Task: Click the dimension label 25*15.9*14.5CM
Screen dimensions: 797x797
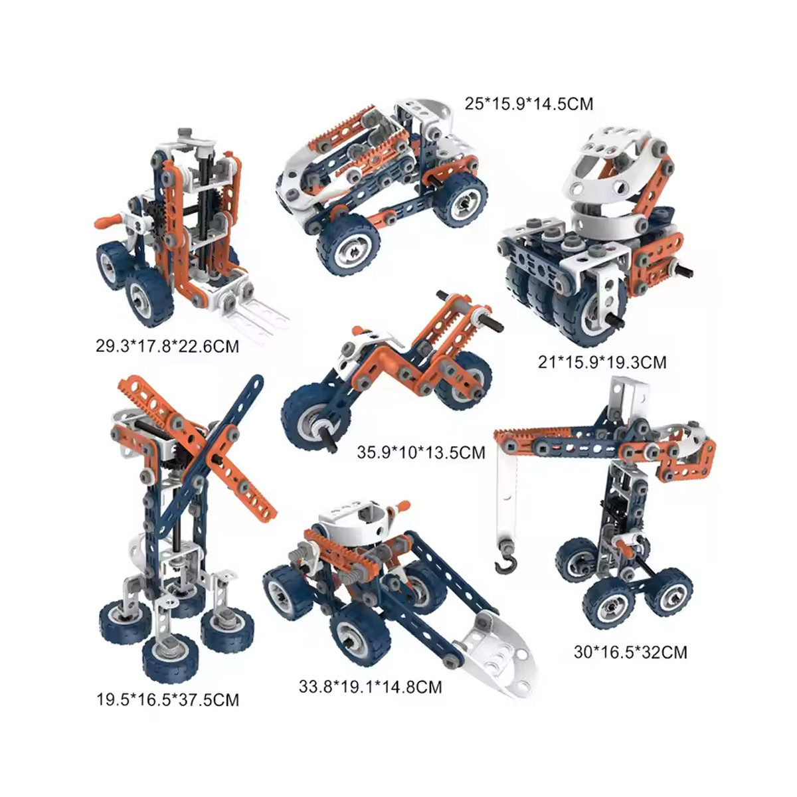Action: [x=529, y=104]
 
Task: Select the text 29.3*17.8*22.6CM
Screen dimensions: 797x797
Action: [x=167, y=346]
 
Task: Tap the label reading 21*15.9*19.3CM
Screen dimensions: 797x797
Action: [x=602, y=363]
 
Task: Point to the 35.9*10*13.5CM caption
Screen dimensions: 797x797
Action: [x=421, y=452]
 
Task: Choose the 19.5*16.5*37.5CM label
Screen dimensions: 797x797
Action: [x=168, y=700]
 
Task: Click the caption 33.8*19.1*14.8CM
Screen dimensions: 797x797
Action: [x=371, y=687]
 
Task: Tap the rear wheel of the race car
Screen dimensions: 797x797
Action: [x=460, y=199]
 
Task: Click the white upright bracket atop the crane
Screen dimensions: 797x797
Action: [x=629, y=397]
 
